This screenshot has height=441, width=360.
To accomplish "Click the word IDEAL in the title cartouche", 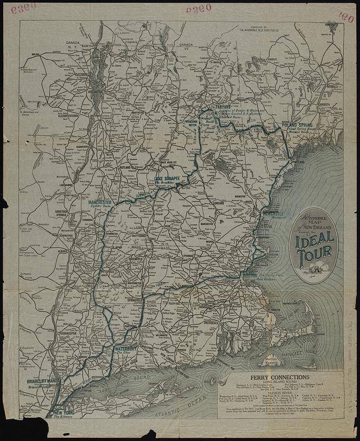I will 315,239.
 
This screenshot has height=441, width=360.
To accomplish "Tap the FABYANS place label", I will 223,108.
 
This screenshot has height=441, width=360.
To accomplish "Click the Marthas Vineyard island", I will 268,359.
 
